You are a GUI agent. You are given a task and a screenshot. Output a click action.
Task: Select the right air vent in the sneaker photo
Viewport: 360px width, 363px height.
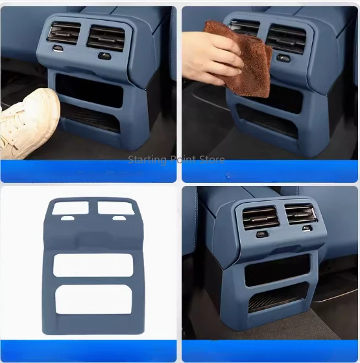click(105, 37)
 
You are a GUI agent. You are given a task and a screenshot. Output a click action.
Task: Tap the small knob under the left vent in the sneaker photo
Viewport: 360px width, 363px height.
click(58, 49)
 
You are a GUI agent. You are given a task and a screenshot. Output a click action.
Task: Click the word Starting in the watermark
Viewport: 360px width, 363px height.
click(147, 159)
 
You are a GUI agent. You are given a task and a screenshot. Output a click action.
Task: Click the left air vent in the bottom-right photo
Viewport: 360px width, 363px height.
click(261, 217)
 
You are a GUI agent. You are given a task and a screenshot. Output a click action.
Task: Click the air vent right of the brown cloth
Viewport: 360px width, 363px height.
click(285, 38)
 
